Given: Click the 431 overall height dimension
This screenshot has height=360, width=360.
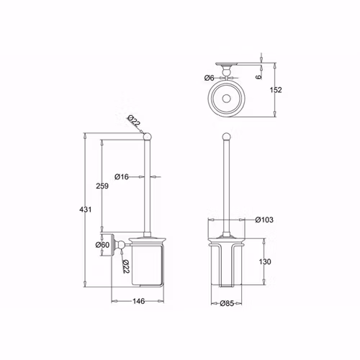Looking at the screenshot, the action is pyautogui.click(x=86, y=210).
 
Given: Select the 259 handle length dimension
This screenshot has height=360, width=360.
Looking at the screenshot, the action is pyautogui.click(x=102, y=186).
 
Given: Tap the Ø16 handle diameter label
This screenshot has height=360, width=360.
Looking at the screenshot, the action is pyautogui.click(x=122, y=177).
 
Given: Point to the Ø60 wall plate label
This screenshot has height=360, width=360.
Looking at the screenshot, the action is pyautogui.click(x=102, y=245).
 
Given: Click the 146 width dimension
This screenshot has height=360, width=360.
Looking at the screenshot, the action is pyautogui.click(x=139, y=301).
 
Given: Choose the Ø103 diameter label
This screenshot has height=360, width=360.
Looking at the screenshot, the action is pyautogui.click(x=264, y=220).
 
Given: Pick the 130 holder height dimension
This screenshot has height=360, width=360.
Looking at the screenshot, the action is pyautogui.click(x=265, y=261).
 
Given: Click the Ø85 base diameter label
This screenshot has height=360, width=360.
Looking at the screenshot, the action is pyautogui.click(x=227, y=303).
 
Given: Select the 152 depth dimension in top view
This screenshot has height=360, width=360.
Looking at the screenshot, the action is pyautogui.click(x=276, y=90).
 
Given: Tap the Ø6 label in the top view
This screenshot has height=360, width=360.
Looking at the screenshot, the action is pyautogui.click(x=209, y=78).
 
